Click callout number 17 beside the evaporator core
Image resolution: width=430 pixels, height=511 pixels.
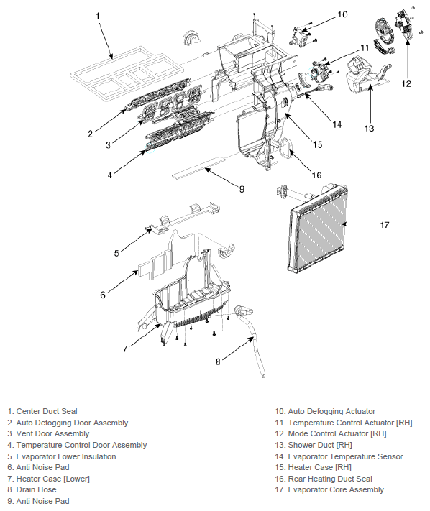(385, 225)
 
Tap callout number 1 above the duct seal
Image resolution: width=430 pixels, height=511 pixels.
(98, 16)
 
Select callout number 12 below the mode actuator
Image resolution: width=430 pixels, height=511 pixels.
(406, 84)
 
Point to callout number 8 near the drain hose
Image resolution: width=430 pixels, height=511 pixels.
(218, 362)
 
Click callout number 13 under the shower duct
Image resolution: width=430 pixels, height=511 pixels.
(369, 129)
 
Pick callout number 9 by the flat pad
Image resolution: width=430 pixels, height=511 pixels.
(242, 189)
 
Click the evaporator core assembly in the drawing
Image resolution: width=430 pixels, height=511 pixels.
(318, 228)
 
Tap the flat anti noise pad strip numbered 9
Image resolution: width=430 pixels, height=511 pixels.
(198, 168)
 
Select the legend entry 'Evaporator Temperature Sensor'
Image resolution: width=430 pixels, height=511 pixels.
(339, 456)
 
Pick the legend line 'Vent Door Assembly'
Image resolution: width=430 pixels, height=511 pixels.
(48, 433)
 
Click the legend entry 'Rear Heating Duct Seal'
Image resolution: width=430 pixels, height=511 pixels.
(324, 479)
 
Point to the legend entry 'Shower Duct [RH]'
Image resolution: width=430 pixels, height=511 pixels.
(314, 445)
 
